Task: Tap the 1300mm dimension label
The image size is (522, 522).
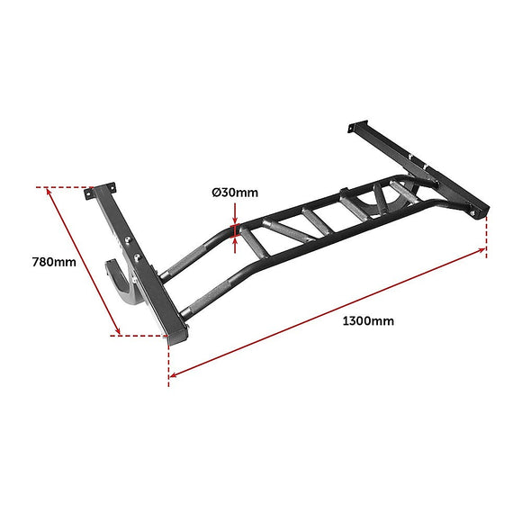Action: [368, 319]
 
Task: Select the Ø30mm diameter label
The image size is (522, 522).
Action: [235, 193]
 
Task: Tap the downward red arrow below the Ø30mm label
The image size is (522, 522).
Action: [236, 218]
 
